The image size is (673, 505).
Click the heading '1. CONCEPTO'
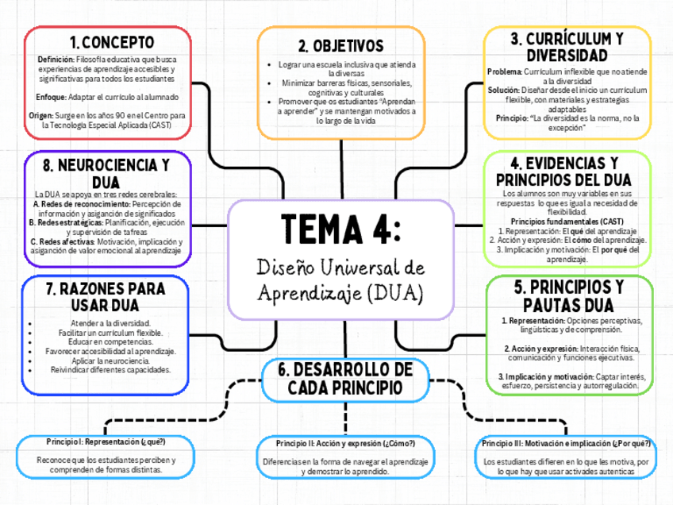[x=111, y=42]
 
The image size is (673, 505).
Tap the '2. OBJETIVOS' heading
[x=340, y=46]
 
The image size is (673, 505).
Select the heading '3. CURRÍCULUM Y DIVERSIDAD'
[x=566, y=47]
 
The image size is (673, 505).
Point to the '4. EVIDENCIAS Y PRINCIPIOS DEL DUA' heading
[x=566, y=172]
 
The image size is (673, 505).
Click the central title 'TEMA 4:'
[x=340, y=230]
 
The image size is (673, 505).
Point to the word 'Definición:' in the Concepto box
[x=56, y=60]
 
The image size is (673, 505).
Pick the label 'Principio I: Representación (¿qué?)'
[x=106, y=441]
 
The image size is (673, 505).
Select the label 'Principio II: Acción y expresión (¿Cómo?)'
[x=346, y=442]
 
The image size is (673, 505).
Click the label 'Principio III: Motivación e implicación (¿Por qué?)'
[x=566, y=443]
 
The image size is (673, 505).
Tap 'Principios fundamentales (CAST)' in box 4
[x=566, y=221]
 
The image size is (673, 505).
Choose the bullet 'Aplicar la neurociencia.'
[x=106, y=360]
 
